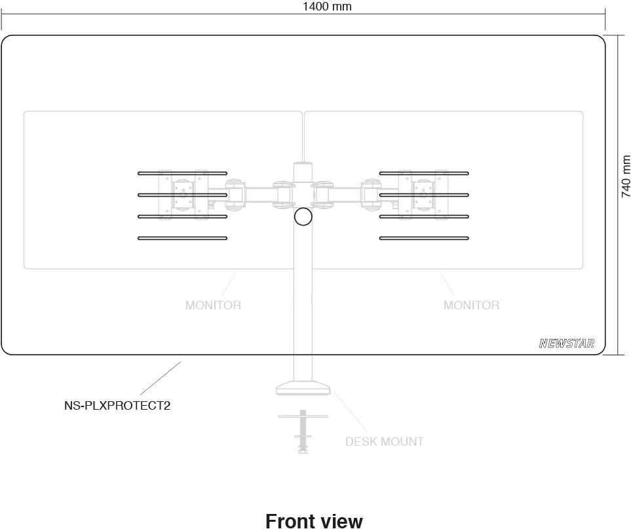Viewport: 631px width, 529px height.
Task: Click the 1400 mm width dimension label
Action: (327, 7)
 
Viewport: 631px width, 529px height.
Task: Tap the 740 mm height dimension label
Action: (625, 176)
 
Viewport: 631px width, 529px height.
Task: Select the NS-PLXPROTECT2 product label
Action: (117, 405)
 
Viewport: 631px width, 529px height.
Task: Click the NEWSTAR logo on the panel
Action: (567, 343)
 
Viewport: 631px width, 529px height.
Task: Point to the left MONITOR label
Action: (213, 305)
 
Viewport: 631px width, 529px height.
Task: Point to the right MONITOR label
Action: (471, 305)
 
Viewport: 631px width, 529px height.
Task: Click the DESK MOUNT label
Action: (385, 442)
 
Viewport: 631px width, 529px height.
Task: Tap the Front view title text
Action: (314, 520)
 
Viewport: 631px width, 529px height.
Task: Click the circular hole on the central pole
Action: (303, 216)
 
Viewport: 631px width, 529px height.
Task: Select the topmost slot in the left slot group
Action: (182, 174)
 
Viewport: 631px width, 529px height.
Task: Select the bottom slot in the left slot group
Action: (182, 239)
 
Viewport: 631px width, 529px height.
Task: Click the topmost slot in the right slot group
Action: (424, 174)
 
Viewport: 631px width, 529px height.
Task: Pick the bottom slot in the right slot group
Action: (424, 239)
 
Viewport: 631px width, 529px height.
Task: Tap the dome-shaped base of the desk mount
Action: (303, 387)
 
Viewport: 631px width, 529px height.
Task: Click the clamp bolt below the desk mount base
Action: (303, 431)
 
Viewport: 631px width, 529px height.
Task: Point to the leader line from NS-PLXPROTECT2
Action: (160, 378)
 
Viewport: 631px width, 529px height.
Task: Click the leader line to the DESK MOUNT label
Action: (351, 412)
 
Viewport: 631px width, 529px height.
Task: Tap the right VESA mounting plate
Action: (423, 195)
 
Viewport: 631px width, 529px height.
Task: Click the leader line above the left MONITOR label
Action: (228, 284)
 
